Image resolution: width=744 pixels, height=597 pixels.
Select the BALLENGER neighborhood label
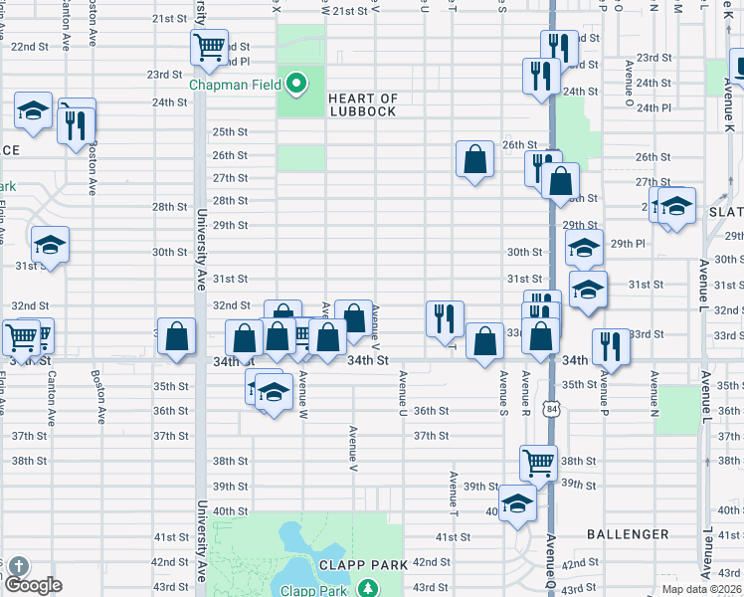tap(627, 534)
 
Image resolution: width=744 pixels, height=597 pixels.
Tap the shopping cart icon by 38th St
tap(537, 460)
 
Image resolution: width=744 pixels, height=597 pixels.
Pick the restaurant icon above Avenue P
tap(611, 345)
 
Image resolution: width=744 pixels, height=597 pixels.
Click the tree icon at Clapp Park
tap(367, 588)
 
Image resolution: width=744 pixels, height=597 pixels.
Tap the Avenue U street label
tap(403, 393)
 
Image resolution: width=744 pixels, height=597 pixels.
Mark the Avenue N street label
tap(654, 393)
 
